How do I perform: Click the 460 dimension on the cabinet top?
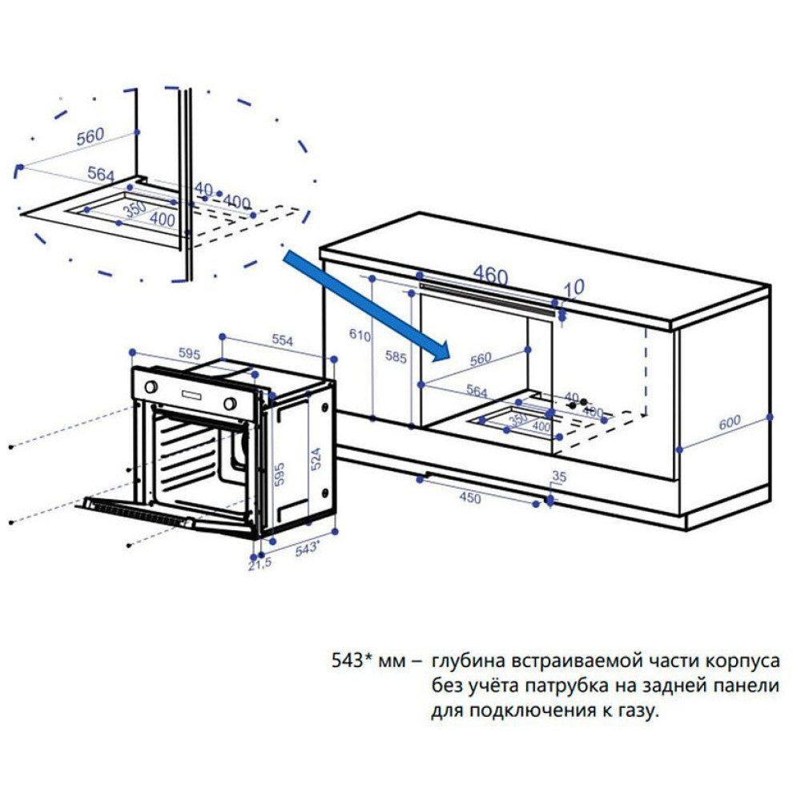489,276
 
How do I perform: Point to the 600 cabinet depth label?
729,425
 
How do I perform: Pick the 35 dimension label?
559,477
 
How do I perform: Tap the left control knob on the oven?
150,386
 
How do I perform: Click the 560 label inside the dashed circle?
90,137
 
